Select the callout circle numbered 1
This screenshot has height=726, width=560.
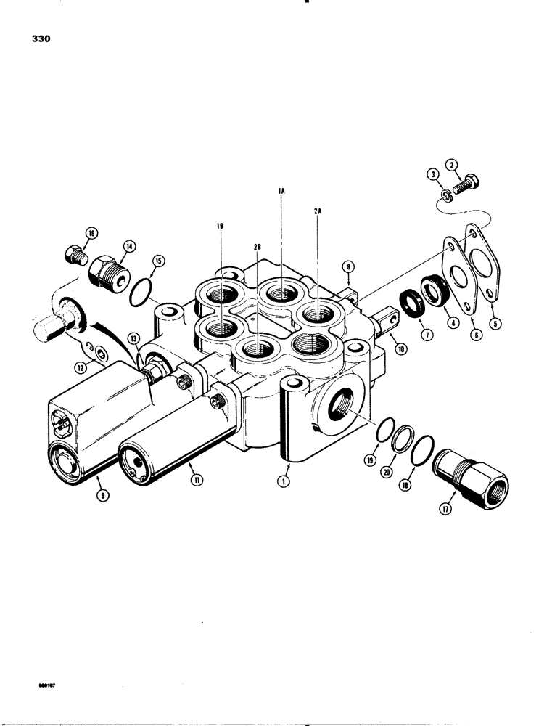[x=284, y=480]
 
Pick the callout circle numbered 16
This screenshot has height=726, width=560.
[x=91, y=234]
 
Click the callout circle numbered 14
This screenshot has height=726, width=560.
[x=129, y=247]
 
